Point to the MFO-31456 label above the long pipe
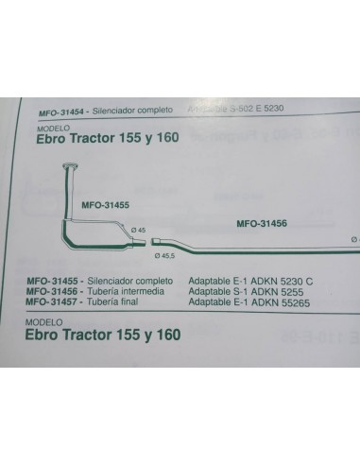(262, 223)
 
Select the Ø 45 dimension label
(137, 231)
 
